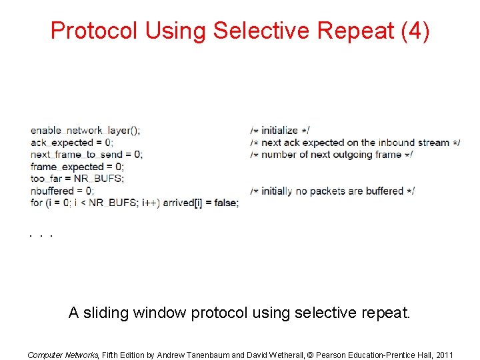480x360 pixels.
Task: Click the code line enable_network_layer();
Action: [x=85, y=131]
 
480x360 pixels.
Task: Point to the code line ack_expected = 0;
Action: [x=72, y=143]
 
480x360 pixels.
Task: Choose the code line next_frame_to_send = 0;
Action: [x=87, y=155]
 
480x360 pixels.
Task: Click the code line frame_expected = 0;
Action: [x=77, y=167]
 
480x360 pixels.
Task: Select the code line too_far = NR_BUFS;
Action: [x=77, y=179]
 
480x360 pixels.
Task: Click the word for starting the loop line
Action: [x=37, y=203]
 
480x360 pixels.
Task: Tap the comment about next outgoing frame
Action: [x=331, y=155]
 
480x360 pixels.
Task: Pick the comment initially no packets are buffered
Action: [x=333, y=191]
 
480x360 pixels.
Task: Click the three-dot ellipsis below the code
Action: [x=41, y=235]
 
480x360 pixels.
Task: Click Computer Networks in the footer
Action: [x=63, y=355]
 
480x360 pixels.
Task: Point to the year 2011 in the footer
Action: [x=442, y=355]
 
